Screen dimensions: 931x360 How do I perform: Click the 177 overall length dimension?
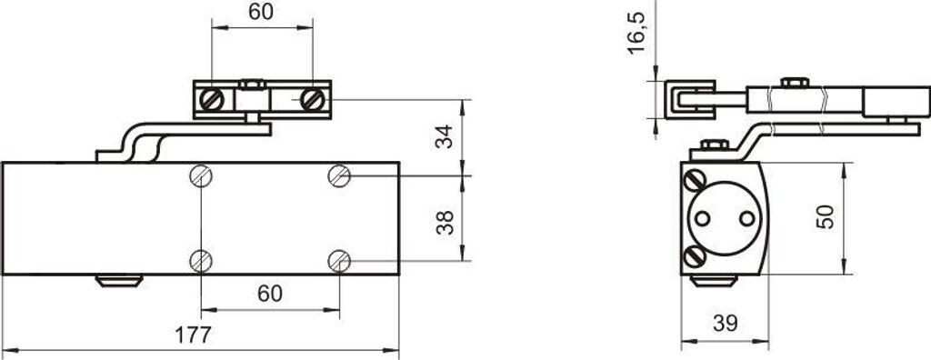point(193,335)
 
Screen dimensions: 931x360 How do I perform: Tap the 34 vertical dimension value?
point(445,136)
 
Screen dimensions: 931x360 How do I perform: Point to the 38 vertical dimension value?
point(445,222)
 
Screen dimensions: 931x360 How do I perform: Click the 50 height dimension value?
point(826,217)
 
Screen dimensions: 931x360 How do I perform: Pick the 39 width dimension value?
point(725,323)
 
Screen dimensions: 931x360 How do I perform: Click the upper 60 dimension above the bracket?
point(261,11)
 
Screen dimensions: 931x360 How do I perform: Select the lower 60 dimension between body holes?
point(270,294)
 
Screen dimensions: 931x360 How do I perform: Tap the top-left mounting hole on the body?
point(201,175)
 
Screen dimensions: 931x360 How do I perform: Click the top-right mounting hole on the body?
point(339,175)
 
